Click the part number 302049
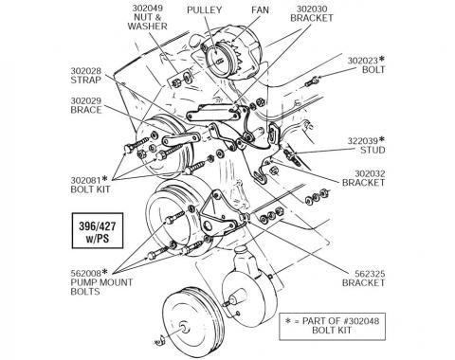[148, 8]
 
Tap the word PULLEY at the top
[205, 9]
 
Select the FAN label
[260, 9]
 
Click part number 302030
[312, 9]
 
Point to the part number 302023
[363, 61]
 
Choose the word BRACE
[86, 110]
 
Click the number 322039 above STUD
[363, 140]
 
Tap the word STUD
[373, 150]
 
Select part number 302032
[370, 173]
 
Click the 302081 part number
[85, 180]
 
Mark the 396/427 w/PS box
[98, 230]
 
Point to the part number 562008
[85, 273]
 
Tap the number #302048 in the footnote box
[361, 321]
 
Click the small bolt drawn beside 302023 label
[311, 81]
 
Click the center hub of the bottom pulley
[183, 326]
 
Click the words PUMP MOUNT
[101, 282]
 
